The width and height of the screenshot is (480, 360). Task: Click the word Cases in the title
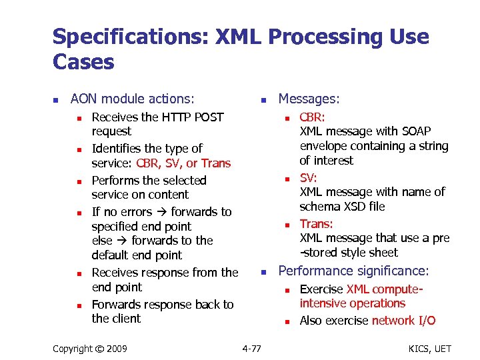[83, 63]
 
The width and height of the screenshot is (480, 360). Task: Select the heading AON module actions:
[132, 99]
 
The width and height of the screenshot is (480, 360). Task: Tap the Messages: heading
[309, 99]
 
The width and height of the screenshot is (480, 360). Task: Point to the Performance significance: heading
[353, 271]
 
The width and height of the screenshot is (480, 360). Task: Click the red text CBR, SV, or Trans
[183, 163]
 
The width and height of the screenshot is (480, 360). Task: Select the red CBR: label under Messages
[312, 117]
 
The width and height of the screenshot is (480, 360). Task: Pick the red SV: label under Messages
[308, 178]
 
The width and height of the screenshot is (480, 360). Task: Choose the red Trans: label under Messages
[316, 224]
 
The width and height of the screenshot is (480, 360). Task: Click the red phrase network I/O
[403, 321]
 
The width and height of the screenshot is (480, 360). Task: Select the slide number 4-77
[251, 348]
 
